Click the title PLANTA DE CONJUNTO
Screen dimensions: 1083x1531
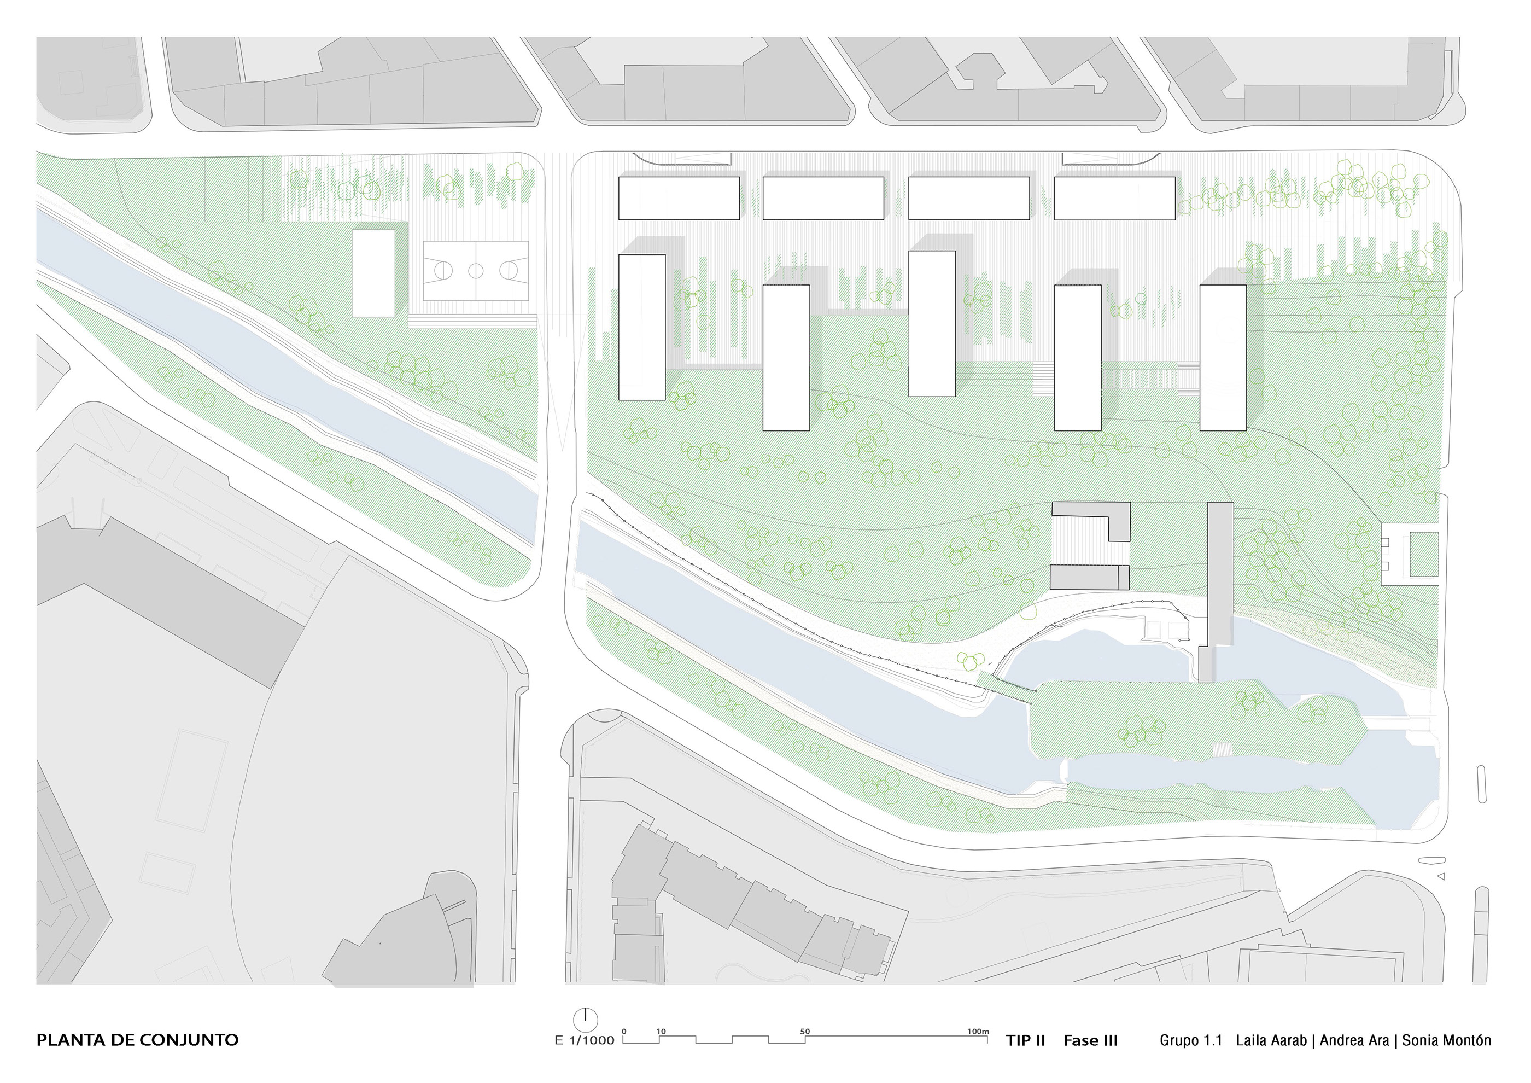tap(137, 1040)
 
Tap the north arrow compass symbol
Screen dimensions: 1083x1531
tap(585, 1019)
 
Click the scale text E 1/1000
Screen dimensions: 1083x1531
tap(584, 1041)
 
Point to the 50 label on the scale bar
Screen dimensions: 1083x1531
tap(805, 1032)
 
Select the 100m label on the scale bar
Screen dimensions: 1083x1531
tap(978, 1032)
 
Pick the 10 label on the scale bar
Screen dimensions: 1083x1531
tap(661, 1032)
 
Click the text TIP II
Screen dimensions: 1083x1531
tap(1026, 1040)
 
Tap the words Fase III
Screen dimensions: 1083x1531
tap(1090, 1040)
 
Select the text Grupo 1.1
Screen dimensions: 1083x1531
tap(1191, 1040)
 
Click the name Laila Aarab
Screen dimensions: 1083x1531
tap(1271, 1040)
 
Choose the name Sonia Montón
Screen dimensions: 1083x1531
tap(1446, 1040)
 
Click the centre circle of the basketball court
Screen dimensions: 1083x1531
tap(476, 271)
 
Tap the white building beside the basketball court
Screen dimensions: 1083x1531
tap(373, 273)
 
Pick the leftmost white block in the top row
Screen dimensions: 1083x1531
tap(679, 198)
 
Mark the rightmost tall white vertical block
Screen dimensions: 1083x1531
tap(1223, 357)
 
